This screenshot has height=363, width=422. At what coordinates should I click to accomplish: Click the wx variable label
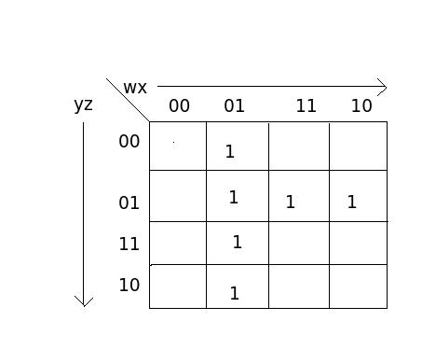point(135,88)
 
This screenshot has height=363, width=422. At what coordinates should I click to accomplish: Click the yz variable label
point(83,105)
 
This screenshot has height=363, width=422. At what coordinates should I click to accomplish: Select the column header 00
point(179,105)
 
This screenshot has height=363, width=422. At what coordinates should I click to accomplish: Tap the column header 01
point(234,105)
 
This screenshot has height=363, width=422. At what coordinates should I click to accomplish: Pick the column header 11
point(306,105)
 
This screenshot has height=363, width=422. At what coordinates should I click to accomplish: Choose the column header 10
point(361,105)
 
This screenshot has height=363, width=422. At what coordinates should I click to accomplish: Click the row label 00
point(129,141)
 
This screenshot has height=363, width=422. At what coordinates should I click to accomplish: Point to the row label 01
point(129,202)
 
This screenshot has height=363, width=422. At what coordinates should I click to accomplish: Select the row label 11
point(129,244)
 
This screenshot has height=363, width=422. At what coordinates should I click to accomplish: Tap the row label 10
point(129,285)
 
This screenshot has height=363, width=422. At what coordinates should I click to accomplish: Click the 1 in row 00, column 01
point(230,151)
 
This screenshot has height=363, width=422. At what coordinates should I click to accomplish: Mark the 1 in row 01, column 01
point(233,197)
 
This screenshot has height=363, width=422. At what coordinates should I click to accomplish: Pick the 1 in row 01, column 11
point(291,202)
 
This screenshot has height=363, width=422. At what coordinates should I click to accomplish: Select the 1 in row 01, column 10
point(351,202)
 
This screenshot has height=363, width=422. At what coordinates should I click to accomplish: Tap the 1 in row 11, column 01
point(237,243)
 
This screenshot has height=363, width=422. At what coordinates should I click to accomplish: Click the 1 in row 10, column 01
point(234,293)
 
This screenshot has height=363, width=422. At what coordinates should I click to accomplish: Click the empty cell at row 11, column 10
point(358,243)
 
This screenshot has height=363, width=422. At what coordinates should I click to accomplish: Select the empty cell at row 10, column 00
point(178,286)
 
